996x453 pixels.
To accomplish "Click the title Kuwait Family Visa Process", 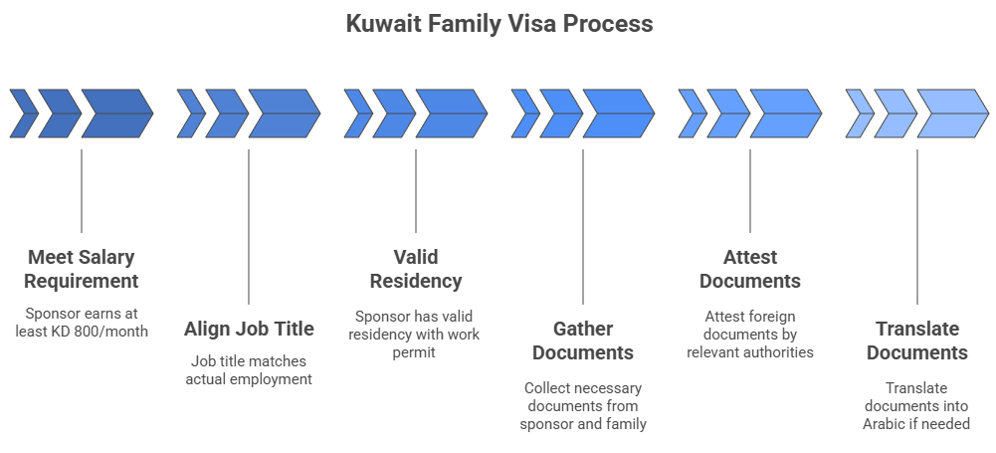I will (498, 23).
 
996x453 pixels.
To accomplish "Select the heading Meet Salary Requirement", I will (82, 269).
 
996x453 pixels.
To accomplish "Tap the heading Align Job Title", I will (249, 329).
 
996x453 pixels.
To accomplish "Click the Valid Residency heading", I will (415, 269).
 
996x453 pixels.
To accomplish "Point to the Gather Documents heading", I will (582, 340).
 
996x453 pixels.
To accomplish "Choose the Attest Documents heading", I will (749, 269).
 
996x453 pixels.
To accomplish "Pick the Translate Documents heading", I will (916, 340).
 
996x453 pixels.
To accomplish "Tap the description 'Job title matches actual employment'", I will (249, 369).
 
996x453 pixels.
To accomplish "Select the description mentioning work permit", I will (415, 334).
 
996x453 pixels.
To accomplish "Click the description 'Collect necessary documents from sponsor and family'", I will (582, 405).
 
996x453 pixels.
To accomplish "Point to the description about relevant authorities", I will (749, 334).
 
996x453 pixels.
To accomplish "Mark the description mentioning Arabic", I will (916, 405).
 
